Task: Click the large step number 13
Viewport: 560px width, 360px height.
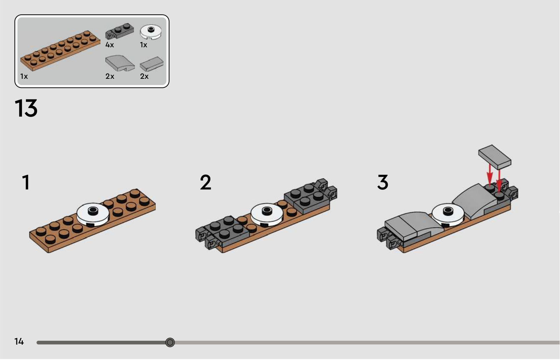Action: pos(26,108)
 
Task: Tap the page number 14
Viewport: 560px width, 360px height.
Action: pos(19,341)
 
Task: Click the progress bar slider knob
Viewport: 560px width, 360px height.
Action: pos(170,342)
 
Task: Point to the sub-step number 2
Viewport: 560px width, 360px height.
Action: pos(205,182)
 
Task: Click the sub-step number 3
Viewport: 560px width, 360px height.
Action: pos(383,182)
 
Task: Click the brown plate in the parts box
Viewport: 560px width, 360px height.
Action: pos(60,51)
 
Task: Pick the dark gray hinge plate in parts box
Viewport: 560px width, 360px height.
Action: pos(119,31)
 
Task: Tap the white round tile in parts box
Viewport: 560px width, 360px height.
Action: pos(150,32)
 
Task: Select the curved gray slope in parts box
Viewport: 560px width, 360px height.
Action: pos(120,63)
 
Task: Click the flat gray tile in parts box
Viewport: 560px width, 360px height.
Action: pos(152,64)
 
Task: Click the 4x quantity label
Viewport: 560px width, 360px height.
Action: pos(110,45)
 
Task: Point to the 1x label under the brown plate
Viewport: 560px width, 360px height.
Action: pos(24,76)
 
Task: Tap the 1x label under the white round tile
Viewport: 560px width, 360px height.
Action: pos(143,45)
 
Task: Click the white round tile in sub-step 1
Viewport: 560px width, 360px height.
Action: pos(93,214)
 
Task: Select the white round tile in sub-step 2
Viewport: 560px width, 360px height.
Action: pos(267,214)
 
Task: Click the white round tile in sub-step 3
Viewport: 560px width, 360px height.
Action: pos(448,215)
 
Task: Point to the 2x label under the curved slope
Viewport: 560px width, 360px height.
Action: pos(110,76)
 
